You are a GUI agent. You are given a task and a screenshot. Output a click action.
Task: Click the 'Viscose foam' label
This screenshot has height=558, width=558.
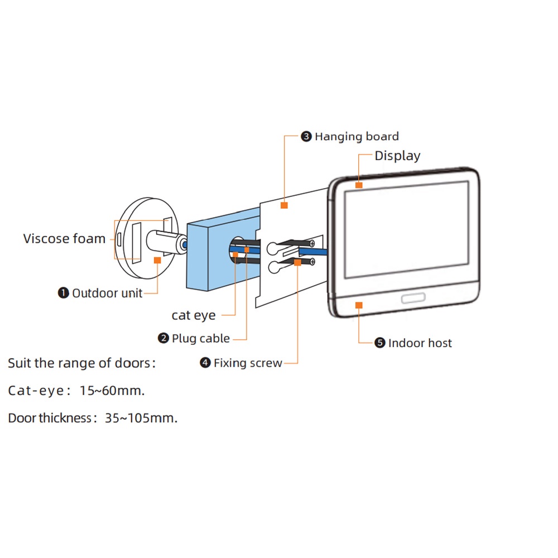pos(64,239)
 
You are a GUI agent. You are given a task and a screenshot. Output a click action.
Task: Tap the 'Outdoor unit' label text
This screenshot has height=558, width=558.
pos(107,293)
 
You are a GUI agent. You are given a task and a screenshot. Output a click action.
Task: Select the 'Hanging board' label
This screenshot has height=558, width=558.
pos(357,137)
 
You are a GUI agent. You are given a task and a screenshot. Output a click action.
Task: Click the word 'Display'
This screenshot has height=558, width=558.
pos(397,156)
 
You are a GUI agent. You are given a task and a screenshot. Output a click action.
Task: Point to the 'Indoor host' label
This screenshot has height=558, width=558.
pos(420,343)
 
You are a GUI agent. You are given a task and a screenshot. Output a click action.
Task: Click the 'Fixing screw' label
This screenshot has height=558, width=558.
pos(248,363)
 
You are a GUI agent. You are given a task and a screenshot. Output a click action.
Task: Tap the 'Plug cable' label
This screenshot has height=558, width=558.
pos(200,338)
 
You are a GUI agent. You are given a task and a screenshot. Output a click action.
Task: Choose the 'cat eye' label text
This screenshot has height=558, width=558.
pos(194,315)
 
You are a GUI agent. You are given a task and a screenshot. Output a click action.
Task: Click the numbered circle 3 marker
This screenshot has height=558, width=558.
pos(306,137)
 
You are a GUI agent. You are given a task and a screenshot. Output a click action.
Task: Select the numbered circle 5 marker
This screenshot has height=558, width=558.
pos(380,343)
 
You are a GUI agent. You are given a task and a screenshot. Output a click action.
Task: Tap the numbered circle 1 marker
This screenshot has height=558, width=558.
pos(64,293)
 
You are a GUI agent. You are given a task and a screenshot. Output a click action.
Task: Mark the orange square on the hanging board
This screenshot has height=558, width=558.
pos(284,205)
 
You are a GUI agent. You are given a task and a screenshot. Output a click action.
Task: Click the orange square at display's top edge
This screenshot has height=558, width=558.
pos(359,185)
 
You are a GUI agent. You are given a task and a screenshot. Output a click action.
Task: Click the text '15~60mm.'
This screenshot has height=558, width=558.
pos(112,391)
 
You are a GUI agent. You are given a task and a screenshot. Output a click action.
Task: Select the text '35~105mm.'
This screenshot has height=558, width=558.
pos(141,418)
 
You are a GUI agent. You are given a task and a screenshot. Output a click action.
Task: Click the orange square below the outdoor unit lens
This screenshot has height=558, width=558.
pos(157,260)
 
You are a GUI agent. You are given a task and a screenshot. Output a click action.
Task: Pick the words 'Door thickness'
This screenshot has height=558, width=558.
pos(49,418)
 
